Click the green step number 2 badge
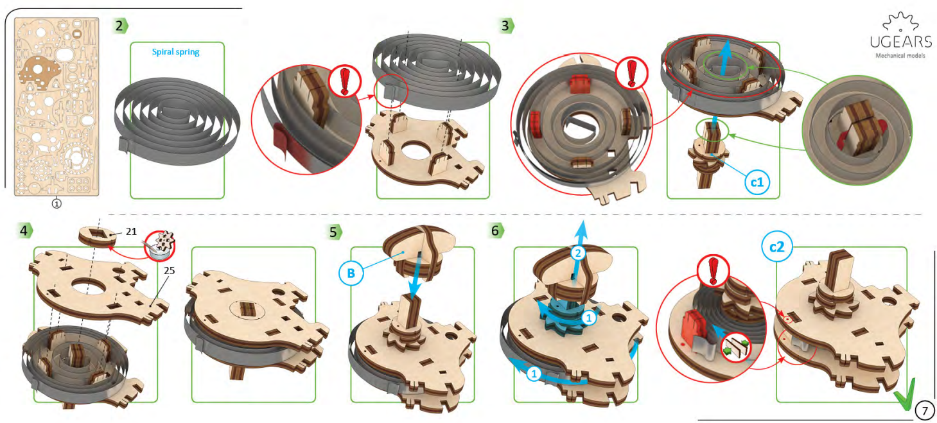(120, 26)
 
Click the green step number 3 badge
(507, 26)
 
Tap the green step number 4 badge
(25, 230)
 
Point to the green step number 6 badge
(496, 230)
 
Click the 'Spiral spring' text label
(175, 52)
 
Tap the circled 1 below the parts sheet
(57, 204)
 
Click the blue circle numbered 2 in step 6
(579, 254)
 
